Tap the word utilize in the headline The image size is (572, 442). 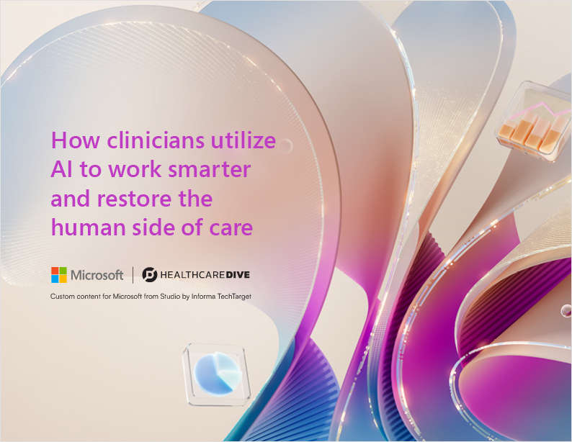tap(240, 141)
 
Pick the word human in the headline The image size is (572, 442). tap(81, 227)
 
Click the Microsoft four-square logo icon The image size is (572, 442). tap(58, 274)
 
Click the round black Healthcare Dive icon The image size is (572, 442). tap(148, 274)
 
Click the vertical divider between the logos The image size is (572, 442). tap(133, 274)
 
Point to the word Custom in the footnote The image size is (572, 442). tap(62, 297)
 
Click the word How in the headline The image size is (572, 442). tap(69, 141)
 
